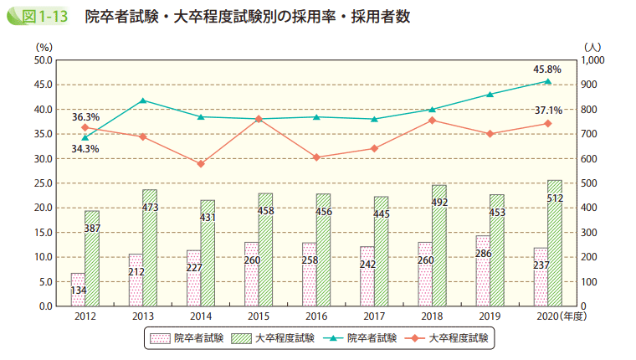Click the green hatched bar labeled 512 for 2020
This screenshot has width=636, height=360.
tap(555, 243)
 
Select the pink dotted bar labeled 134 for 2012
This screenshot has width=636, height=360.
tap(78, 290)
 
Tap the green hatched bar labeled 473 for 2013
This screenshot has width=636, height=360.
tap(150, 247)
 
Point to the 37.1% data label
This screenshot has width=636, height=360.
tap(548, 110)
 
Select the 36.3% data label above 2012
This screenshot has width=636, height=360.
tap(85, 116)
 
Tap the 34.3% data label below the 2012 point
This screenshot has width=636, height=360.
tap(85, 149)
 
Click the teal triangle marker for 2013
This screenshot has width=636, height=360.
tap(142, 100)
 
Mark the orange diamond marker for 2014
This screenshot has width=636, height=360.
tap(201, 163)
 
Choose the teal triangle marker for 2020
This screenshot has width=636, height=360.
tap(548, 81)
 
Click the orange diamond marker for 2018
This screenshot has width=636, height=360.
tap(432, 121)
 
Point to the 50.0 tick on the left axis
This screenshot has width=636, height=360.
tap(42, 60)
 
